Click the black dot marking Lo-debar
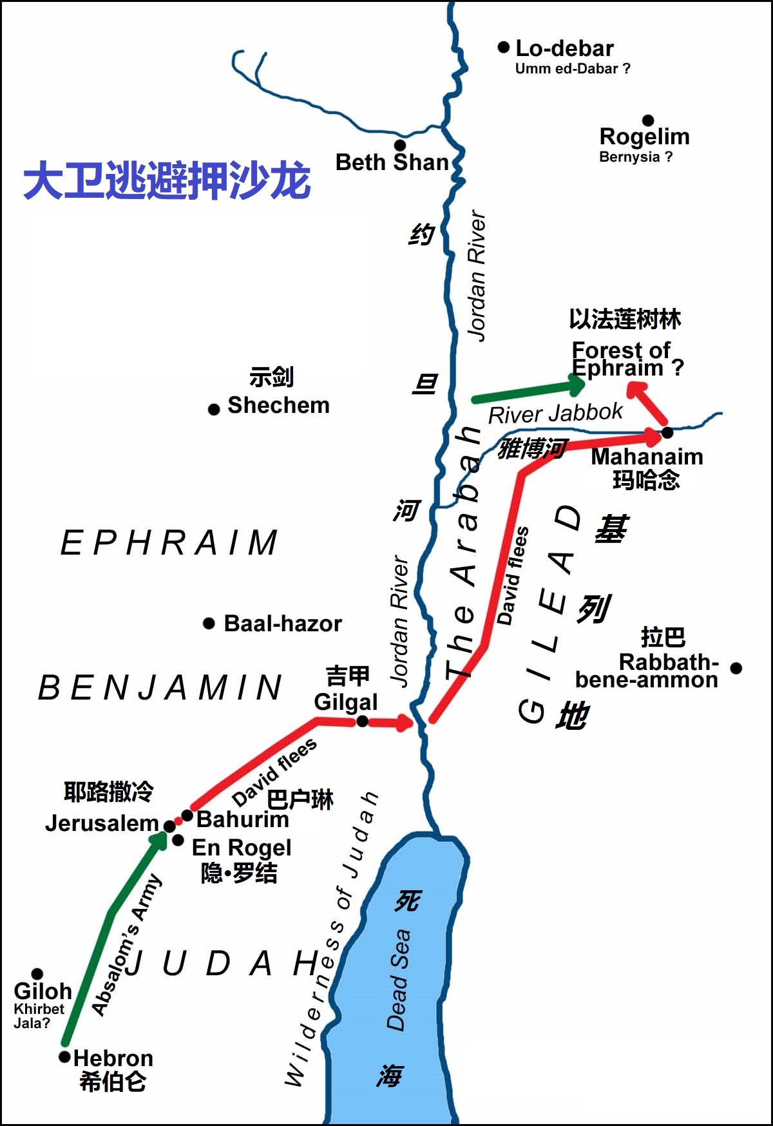pos(504,47)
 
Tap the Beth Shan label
pos(392,162)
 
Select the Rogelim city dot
pos(648,120)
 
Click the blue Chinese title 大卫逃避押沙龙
pos(167,181)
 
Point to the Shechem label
pos(278,405)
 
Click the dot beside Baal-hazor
pos(209,623)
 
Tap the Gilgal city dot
pos(363,721)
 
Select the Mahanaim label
pos(647,456)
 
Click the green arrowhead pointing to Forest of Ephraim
pos(575,385)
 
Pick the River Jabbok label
pos(555,414)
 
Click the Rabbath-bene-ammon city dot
pos(736,668)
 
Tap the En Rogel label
pos(242,847)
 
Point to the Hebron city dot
pos(64,1057)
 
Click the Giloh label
pos(43,991)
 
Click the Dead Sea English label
pos(397,979)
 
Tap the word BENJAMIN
pos(160,687)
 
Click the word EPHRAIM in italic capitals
pos(169,542)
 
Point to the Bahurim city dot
pos(187,816)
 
